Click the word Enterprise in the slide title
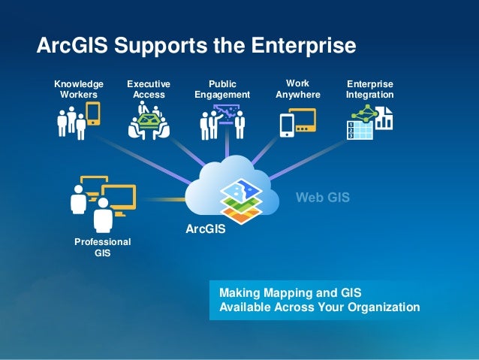[304, 46]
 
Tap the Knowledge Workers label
[79, 89]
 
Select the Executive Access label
[149, 89]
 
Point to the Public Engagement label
[221, 89]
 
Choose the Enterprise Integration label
[369, 89]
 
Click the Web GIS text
[323, 198]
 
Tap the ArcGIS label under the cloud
[206, 228]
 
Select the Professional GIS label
[102, 247]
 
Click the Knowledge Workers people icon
[78, 121]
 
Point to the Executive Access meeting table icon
[149, 122]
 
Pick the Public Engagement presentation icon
[222, 122]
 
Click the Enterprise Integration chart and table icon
[369, 123]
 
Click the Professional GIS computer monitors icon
[101, 201]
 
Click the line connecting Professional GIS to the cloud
[161, 200]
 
